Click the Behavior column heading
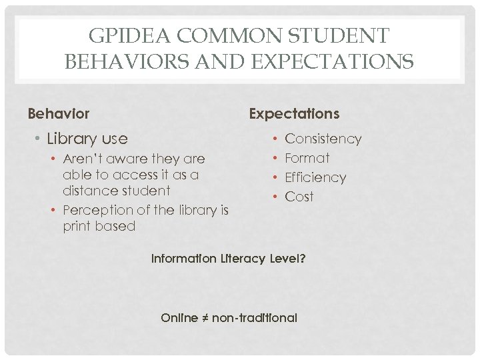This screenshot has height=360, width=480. pyautogui.click(x=59, y=114)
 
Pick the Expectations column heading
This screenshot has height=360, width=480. pyautogui.click(x=294, y=114)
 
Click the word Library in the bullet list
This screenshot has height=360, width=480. pyautogui.click(x=71, y=139)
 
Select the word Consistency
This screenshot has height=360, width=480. pyautogui.click(x=323, y=139)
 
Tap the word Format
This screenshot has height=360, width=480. pyautogui.click(x=307, y=159)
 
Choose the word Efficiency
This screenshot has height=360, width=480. pyautogui.click(x=315, y=178)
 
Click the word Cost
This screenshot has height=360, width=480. pyautogui.click(x=299, y=197)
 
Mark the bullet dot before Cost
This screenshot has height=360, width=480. pyautogui.click(x=275, y=197)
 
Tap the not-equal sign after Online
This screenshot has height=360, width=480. pyautogui.click(x=205, y=318)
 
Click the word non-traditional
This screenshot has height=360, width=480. pyautogui.click(x=254, y=318)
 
